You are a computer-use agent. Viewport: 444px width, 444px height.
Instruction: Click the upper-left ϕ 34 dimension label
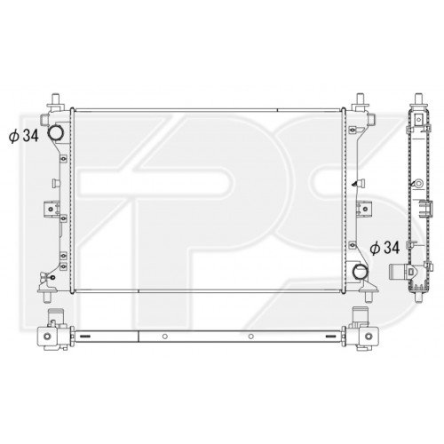24,136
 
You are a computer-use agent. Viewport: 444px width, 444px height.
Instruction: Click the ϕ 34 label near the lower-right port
385,248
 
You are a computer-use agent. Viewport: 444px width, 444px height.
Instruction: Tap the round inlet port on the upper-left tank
55,132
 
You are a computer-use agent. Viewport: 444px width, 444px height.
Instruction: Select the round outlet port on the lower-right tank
360,271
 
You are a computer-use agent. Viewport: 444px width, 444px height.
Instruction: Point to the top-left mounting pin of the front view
55,100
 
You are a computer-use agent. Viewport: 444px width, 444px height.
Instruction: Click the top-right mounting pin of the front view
360,100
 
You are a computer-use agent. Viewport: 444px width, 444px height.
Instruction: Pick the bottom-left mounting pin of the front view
47,297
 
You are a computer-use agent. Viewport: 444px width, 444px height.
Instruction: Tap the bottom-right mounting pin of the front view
369,297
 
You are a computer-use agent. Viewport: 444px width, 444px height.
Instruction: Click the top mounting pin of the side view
418,100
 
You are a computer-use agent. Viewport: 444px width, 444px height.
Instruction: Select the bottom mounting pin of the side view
418,297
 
